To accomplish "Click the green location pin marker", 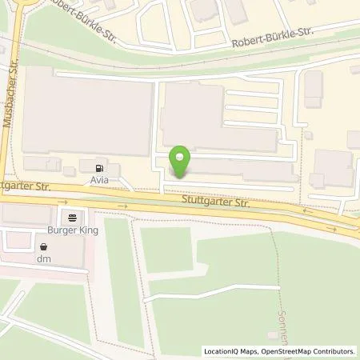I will [x=182, y=160].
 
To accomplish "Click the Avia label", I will [x=99, y=181].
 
